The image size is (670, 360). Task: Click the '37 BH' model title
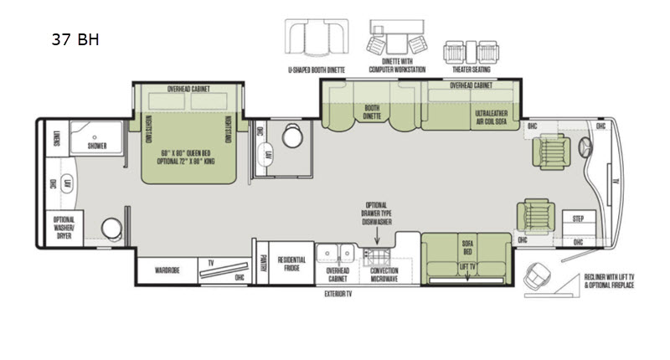point(75,39)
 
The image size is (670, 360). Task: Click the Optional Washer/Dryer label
point(64,225)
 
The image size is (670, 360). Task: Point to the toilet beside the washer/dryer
point(111,229)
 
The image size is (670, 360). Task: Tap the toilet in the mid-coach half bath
point(292,136)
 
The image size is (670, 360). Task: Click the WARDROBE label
point(168,270)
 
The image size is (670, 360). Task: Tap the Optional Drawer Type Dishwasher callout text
point(376,214)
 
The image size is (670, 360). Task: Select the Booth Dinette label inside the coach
point(373,112)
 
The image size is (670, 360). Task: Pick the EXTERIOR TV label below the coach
point(341,295)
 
